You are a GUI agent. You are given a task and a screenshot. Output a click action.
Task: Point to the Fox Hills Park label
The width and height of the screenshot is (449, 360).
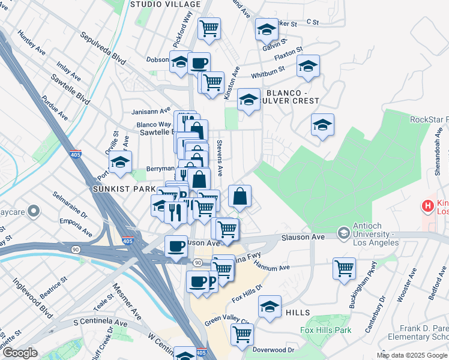325,330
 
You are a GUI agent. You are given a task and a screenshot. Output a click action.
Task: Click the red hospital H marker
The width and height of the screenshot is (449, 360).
428,206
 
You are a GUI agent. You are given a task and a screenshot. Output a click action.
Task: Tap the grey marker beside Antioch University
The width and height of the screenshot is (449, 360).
343,232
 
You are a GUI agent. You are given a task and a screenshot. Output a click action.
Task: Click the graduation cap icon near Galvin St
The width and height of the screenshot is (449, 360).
267,28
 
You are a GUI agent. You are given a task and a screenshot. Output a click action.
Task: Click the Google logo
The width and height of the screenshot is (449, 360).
20,353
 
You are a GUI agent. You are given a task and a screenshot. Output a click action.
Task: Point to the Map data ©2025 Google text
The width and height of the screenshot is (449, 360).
411,355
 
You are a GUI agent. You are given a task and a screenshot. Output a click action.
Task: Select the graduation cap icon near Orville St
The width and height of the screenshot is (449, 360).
120,161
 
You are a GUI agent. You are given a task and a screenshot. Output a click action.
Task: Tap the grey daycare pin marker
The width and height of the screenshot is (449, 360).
34,211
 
